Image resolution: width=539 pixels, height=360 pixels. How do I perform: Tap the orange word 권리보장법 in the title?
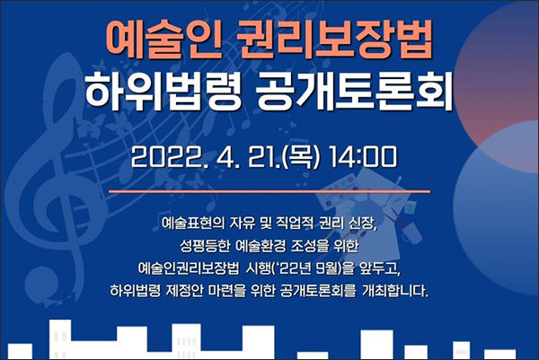(335, 41)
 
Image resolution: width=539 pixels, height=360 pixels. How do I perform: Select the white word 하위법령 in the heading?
(163, 91)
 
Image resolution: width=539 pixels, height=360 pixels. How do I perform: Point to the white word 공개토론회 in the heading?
(354, 91)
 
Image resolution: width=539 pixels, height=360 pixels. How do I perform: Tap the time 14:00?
(363, 157)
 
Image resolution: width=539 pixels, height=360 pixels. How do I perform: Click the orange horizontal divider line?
(269, 191)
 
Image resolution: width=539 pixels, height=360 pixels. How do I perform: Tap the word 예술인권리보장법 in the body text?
(188, 268)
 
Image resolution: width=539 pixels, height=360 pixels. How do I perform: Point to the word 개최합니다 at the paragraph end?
(395, 291)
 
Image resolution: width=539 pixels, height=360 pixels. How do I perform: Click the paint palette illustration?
(339, 192)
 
